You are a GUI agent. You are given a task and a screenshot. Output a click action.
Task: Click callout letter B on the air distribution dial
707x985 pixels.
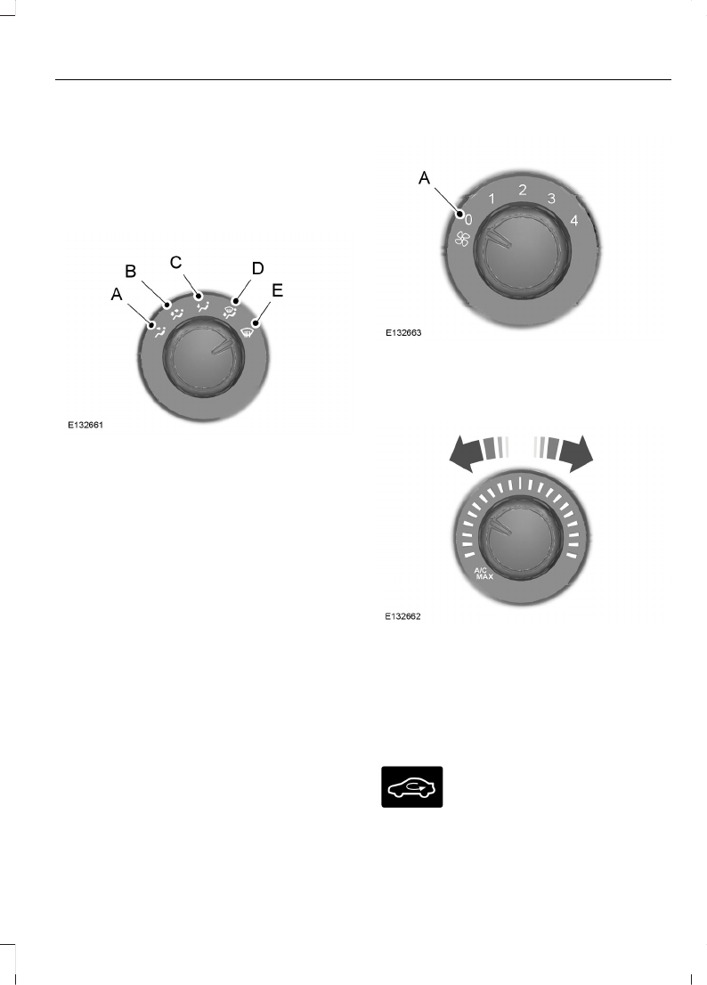131,272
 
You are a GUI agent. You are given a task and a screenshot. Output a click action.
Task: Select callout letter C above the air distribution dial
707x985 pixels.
175,262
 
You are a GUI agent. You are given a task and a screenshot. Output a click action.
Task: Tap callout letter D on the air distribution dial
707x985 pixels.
257,268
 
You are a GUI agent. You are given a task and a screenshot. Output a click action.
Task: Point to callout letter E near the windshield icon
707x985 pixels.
277,290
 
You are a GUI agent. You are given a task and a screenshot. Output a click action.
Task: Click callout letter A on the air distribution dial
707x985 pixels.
116,294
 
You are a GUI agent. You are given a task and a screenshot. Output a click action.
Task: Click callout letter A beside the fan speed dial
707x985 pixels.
425,178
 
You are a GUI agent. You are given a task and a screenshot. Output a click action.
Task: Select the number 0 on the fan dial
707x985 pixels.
468,220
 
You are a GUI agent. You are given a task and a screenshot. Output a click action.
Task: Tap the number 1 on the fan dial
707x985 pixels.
492,199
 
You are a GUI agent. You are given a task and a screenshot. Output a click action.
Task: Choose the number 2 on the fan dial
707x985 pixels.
523,191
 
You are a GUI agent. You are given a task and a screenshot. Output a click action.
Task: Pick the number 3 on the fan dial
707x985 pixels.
551,199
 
